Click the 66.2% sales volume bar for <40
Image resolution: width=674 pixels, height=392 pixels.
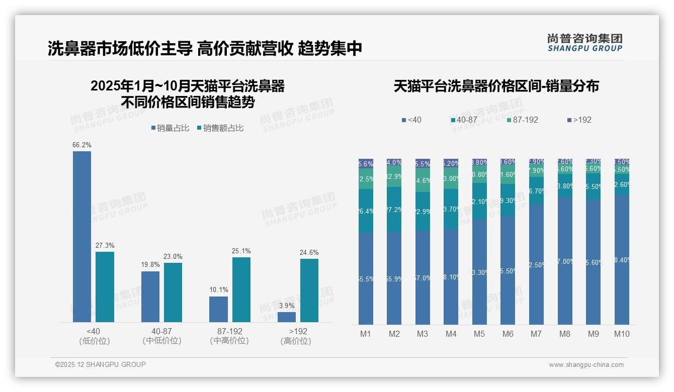tap(82, 236)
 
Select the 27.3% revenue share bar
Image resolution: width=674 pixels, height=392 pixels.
tap(105, 286)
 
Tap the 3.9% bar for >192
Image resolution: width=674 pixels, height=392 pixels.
tap(287, 317)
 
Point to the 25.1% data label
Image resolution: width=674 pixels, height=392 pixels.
tap(241, 251)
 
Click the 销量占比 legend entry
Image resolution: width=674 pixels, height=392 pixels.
tap(170, 128)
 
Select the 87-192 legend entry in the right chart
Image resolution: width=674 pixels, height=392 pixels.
tap(523, 120)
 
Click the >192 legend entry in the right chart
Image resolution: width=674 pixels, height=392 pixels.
tap(579, 120)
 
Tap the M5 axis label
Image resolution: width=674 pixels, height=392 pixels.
tap(479, 334)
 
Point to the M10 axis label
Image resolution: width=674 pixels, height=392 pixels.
tap(622, 334)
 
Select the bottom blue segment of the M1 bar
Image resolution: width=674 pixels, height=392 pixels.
tap(366, 278)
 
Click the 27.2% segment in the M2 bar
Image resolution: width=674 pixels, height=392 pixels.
tap(394, 210)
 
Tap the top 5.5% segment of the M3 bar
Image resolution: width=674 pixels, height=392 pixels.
tap(423, 163)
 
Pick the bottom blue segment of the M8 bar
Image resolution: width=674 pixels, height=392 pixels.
tap(565, 261)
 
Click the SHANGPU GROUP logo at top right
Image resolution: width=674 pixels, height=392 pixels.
tap(584, 42)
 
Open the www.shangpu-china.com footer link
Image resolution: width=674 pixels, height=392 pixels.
tap(586, 365)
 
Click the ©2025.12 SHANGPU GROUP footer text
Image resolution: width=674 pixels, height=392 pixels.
tap(101, 364)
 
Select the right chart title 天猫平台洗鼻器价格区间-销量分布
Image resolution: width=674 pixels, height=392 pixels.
tap(496, 86)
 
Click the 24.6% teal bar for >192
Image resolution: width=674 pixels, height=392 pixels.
tap(309, 290)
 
